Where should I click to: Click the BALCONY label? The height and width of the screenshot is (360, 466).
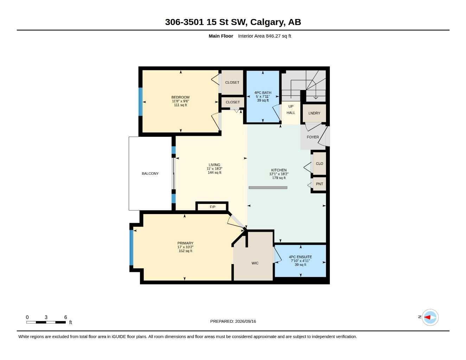pos(150,173)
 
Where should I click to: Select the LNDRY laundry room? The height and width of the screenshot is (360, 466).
pos(314,113)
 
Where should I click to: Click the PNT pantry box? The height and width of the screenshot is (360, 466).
pos(319,184)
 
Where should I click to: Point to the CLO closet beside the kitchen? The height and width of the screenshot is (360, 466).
pos(319,163)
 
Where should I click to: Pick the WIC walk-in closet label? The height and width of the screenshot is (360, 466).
pos(255,263)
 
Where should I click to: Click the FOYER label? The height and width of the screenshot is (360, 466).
pos(313,137)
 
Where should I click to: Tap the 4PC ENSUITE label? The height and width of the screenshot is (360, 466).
pos(300,257)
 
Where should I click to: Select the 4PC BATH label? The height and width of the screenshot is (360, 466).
pos(263,92)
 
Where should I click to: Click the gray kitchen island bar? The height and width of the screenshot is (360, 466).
pos(268,188)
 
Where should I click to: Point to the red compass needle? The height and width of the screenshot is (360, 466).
pos(427,317)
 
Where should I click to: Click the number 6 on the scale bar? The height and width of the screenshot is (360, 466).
pos(66,317)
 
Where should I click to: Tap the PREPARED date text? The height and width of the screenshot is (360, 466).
pos(233,321)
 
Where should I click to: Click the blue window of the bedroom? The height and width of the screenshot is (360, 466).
pos(140,102)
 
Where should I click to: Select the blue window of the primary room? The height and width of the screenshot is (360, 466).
pos(131,247)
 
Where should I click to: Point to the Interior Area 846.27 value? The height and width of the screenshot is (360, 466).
pos(264,36)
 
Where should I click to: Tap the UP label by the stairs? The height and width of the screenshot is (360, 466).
pos(291,106)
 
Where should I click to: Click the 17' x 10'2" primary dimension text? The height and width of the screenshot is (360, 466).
pos(185,247)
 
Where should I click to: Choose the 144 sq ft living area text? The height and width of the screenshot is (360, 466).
pos(215,173)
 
